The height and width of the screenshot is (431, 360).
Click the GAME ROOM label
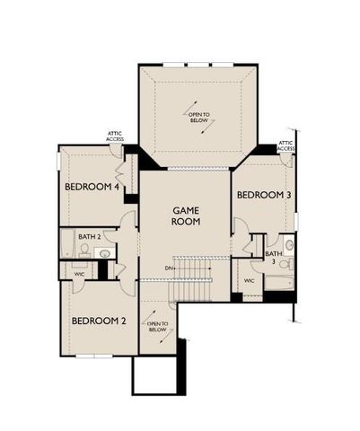[186, 215]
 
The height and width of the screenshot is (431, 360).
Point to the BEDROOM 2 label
[98, 321]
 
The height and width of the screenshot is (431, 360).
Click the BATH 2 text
[88, 237]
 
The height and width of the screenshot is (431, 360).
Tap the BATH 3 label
[272, 258]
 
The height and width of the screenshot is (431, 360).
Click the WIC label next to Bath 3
[250, 282]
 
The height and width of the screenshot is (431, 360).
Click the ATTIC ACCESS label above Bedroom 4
[114, 136]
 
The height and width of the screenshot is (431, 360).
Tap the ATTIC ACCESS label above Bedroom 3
[286, 145]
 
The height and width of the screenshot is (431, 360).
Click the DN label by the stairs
[169, 268]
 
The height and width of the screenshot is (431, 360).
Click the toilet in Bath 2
[84, 251]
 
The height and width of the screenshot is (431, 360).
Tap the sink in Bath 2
[104, 254]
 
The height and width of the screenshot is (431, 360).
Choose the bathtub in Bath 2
[66, 244]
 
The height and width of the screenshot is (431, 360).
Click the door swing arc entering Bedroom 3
[240, 226]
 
